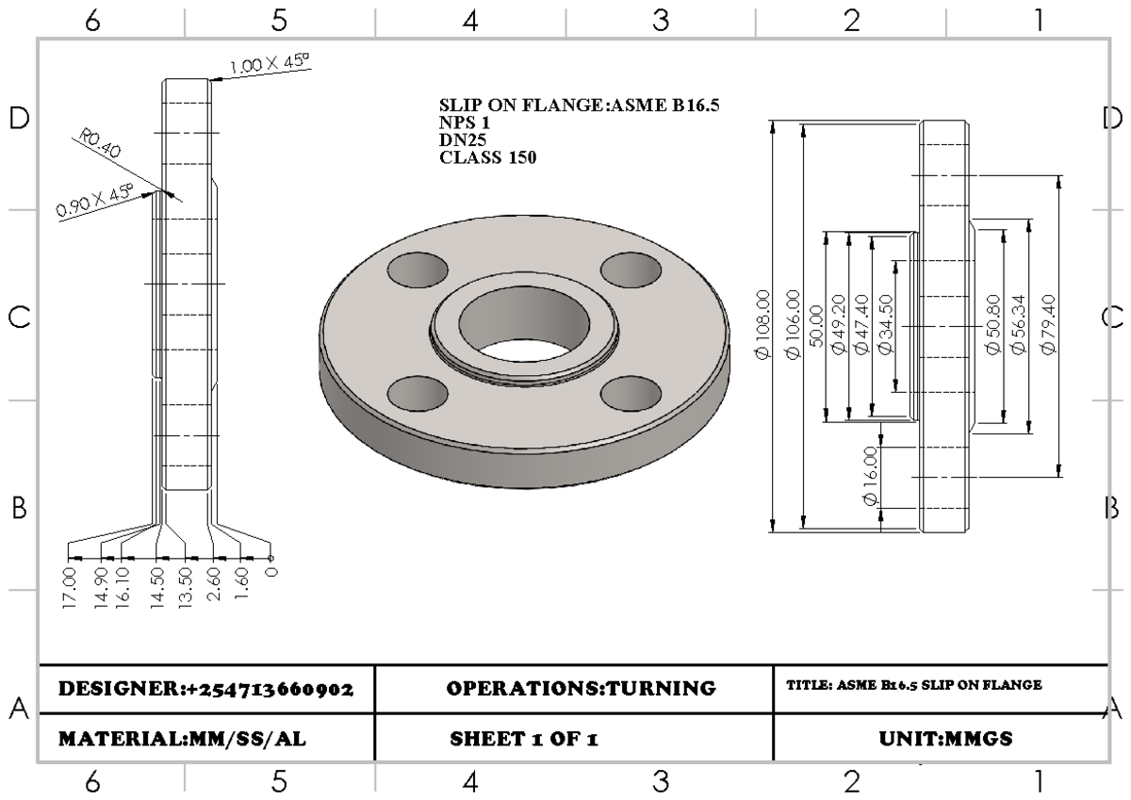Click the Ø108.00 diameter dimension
(x=762, y=325)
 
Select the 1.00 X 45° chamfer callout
(x=270, y=65)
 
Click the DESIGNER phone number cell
(x=205, y=689)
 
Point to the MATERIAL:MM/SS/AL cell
(x=181, y=739)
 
